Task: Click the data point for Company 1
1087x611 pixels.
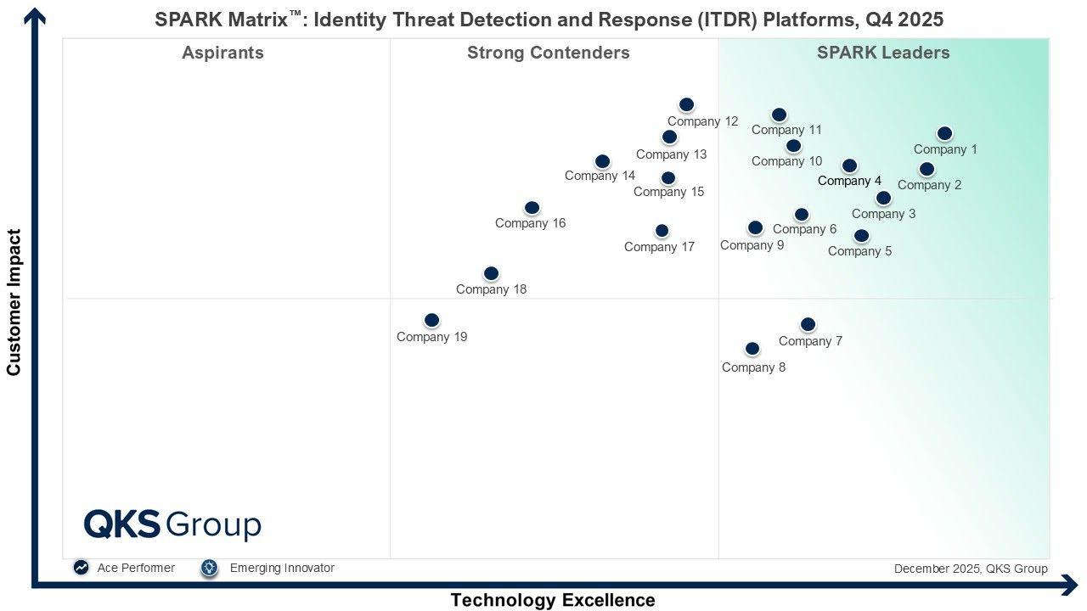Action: (944, 133)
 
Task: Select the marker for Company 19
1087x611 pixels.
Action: (431, 320)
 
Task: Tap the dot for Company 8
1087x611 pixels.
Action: (752, 349)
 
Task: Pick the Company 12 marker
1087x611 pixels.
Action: (686, 104)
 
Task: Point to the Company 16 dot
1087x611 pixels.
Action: (532, 208)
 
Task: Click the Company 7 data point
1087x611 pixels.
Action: (808, 324)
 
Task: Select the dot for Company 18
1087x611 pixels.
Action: (491, 273)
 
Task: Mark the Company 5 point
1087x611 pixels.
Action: (861, 235)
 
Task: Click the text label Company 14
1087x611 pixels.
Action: (600, 176)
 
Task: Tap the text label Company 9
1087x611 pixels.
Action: (752, 245)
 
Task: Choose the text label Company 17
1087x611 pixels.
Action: (659, 247)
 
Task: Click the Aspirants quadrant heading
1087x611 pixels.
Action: (222, 53)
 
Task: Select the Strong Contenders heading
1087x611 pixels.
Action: (548, 53)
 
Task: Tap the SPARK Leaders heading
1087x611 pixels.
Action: (883, 53)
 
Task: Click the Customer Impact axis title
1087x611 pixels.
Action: (14, 301)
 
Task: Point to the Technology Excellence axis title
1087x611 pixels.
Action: (553, 600)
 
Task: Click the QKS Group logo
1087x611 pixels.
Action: (172, 524)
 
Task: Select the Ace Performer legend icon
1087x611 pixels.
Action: (81, 568)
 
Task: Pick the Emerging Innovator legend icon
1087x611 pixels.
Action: (210, 568)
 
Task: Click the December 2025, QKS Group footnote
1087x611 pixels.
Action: (971, 569)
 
